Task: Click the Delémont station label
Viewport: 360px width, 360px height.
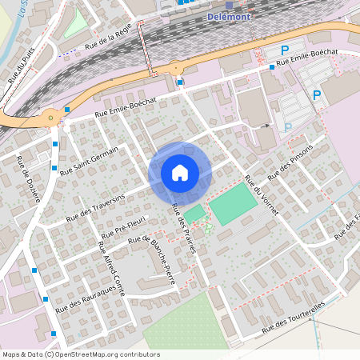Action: tap(230, 16)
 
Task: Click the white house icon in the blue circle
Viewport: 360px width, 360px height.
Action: tap(180, 172)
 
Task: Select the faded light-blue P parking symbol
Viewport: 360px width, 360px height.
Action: tap(288, 126)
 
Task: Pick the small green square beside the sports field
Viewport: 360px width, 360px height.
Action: tap(195, 212)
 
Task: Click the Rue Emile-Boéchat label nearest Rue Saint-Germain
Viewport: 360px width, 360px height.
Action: tap(123, 106)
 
